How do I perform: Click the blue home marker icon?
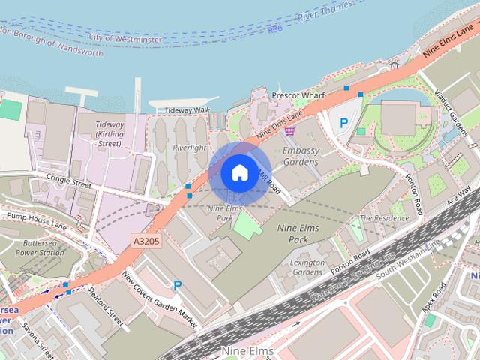[x=238, y=173]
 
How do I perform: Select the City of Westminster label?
[x=124, y=36]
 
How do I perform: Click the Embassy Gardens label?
[x=301, y=155]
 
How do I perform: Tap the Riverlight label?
[x=189, y=148]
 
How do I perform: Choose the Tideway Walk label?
[x=187, y=109]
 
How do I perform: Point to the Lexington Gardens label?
[x=307, y=267]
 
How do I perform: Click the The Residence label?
[x=385, y=218]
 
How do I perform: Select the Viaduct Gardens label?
[x=454, y=112]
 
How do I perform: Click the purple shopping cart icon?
[x=289, y=130]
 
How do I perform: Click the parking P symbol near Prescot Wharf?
[x=344, y=122]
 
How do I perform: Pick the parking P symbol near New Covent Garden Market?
[x=178, y=285]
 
